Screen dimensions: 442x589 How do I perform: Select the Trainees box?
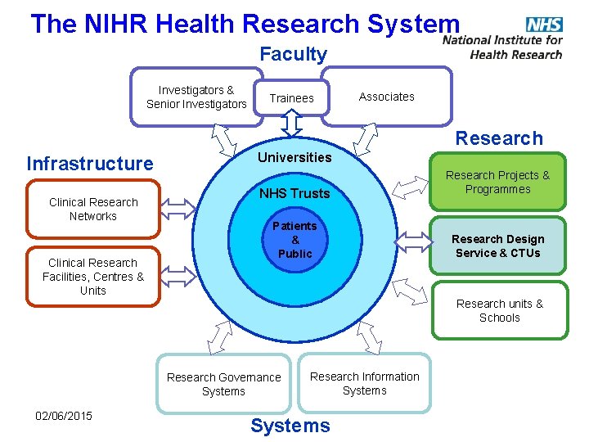(x=291, y=98)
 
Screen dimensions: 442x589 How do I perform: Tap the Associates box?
(x=387, y=97)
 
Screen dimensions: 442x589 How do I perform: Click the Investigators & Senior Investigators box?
(x=196, y=97)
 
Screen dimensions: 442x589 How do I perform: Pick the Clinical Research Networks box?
(x=94, y=210)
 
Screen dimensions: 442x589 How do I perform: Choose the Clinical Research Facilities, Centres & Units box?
(x=93, y=277)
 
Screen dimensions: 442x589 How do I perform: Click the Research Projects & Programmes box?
(x=497, y=182)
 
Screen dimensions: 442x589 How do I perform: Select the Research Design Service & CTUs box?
(x=497, y=246)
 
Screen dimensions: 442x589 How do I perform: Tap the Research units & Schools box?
(x=499, y=310)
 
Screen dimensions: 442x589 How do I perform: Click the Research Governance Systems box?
(x=223, y=384)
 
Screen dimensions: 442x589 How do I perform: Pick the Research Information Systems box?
(x=364, y=383)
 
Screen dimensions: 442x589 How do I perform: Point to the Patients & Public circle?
(x=295, y=240)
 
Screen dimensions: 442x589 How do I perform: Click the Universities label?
(x=294, y=157)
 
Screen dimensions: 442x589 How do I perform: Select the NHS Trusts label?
(x=294, y=193)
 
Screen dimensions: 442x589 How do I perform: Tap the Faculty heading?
(x=293, y=55)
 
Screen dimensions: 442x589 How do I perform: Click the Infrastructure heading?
(x=90, y=164)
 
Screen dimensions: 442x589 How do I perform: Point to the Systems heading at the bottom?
(x=290, y=426)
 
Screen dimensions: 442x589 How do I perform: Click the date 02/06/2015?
(x=64, y=416)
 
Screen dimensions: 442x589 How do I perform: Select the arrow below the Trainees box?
(x=292, y=124)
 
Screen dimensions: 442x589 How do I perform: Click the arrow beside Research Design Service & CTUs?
(x=412, y=241)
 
